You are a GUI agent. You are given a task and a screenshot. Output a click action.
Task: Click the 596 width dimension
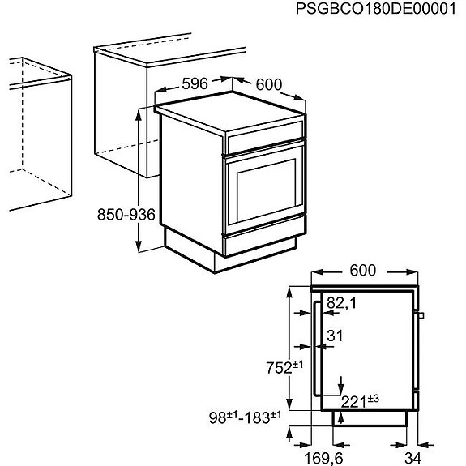[195, 83]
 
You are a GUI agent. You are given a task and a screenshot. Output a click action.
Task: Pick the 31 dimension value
[335, 335]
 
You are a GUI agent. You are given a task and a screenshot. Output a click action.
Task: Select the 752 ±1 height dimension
[284, 367]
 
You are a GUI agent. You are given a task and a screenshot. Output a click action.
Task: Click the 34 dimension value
[413, 458]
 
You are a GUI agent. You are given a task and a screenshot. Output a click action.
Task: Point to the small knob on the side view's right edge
[421, 314]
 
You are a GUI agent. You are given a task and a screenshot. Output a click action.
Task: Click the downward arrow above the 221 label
[341, 383]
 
